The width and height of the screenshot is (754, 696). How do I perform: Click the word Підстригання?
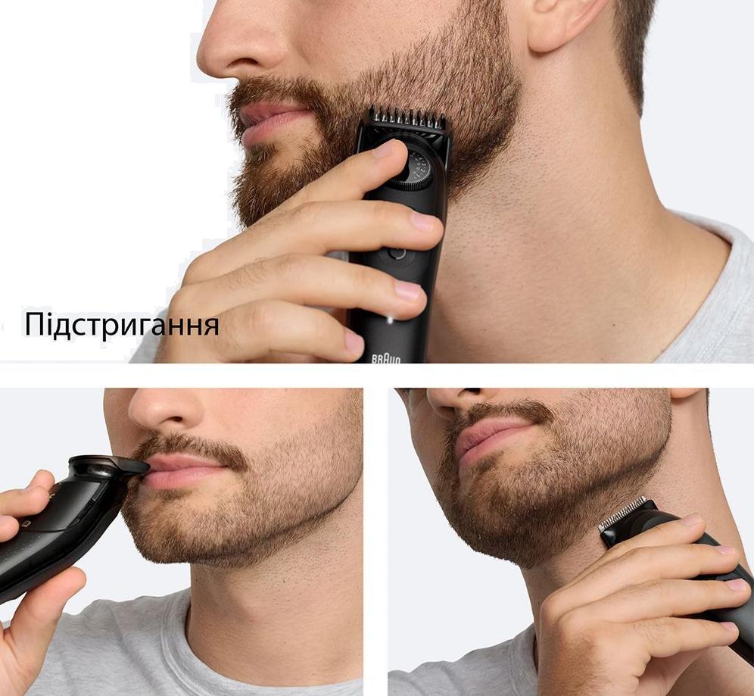[122, 325]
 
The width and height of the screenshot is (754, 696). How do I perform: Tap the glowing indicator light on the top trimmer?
[390, 319]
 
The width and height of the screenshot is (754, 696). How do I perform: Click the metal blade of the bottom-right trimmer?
[623, 513]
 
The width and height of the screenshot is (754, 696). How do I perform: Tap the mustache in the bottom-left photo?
[190, 448]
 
